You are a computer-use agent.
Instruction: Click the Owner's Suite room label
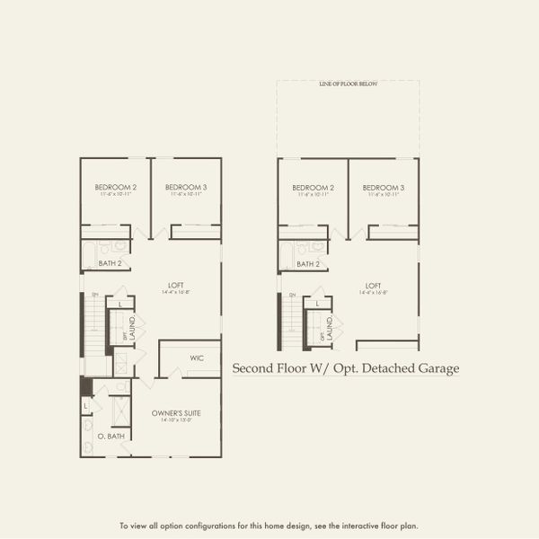176,412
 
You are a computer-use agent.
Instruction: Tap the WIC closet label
197,358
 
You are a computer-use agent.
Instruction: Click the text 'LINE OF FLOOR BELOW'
348,84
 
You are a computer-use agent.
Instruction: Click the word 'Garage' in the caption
439,368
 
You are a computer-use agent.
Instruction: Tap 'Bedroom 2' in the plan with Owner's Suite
115,187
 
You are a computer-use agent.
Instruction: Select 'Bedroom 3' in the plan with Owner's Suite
186,187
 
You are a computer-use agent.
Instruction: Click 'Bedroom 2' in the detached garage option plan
312,187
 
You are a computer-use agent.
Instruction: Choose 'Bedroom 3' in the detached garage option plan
384,187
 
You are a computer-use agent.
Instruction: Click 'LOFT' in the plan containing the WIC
175,286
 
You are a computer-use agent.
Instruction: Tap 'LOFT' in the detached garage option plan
373,286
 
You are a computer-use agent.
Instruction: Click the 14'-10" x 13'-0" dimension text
176,420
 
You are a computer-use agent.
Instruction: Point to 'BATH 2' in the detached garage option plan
308,264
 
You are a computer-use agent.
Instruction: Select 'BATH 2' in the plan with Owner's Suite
110,264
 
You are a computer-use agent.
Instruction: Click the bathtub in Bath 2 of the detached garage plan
285,255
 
